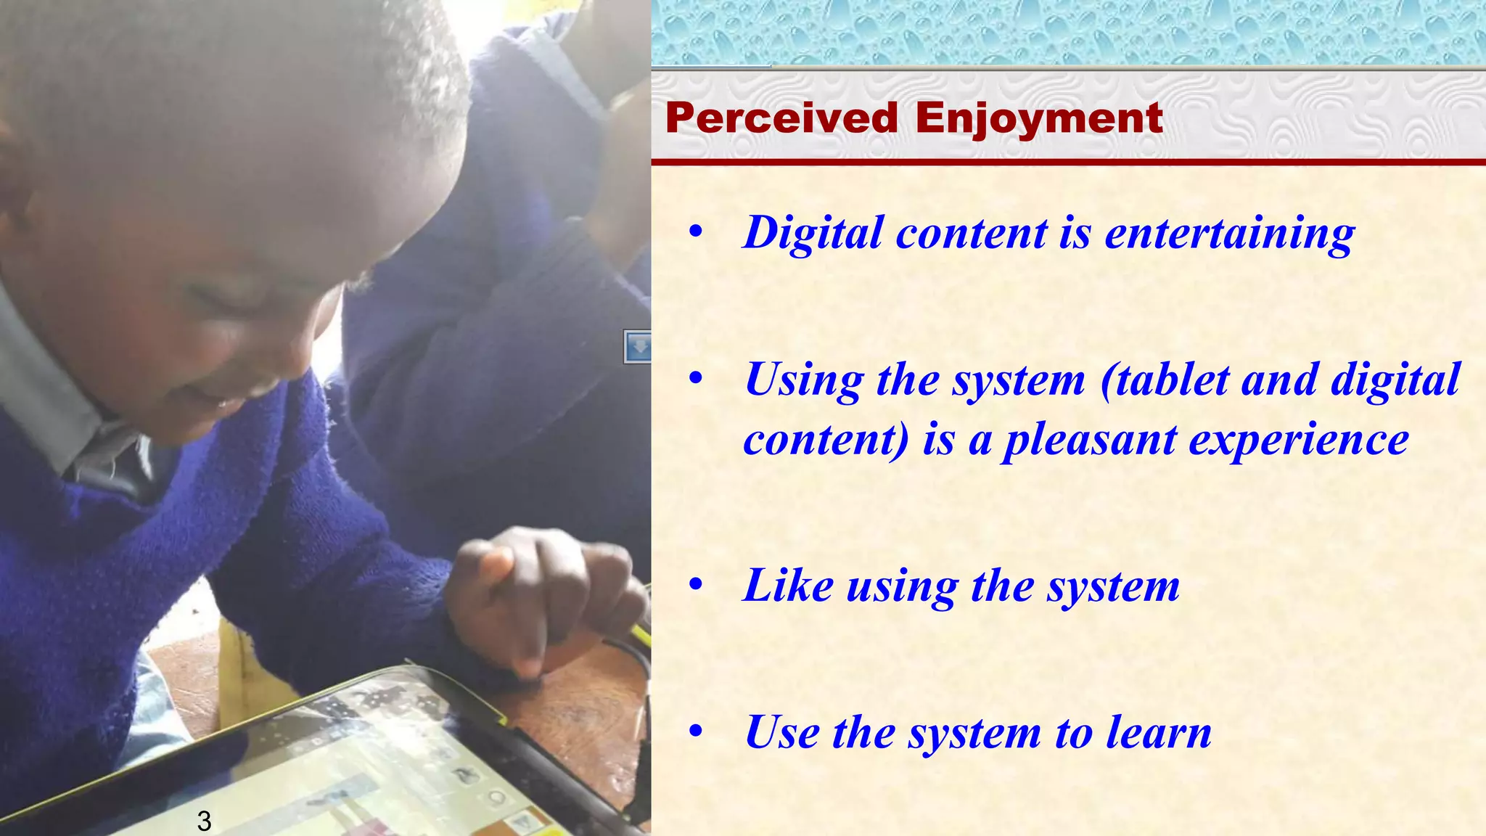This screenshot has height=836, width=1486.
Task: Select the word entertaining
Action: click(x=1229, y=234)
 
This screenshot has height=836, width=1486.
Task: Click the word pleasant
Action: click(x=1088, y=440)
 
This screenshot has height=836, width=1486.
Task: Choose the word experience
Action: click(x=1299, y=440)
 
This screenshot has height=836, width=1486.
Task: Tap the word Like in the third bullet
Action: click(x=788, y=585)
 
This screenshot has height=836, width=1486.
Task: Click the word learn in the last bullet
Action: click(x=1159, y=732)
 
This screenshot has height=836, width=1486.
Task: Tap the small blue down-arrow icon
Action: click(x=638, y=346)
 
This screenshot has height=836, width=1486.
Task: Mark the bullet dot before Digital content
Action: click(x=696, y=233)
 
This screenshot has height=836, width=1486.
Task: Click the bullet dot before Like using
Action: click(x=696, y=585)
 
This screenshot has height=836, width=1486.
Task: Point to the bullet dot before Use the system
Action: click(x=696, y=732)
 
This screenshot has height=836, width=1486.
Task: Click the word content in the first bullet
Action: click(x=972, y=234)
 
